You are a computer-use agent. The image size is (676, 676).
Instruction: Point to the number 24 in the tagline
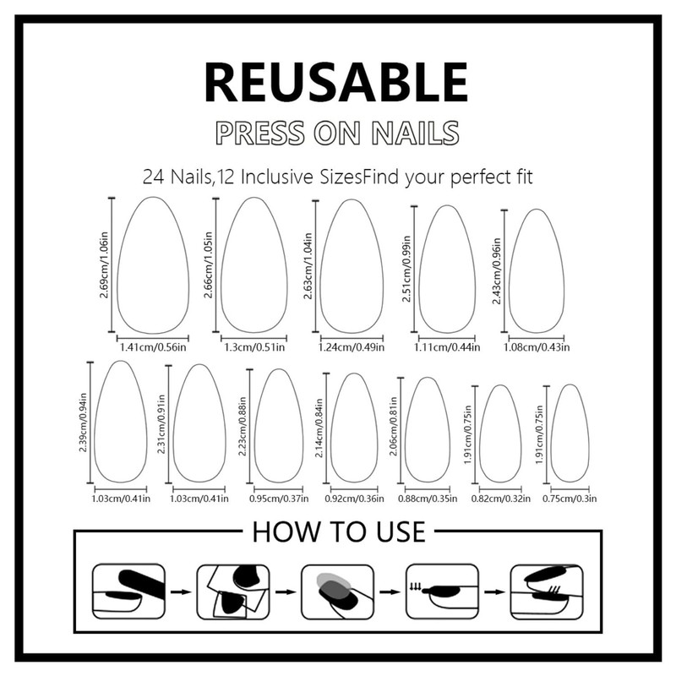154,178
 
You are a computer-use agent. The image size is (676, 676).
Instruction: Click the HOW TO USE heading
338,532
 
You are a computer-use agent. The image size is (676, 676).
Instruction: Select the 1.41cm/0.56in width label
151,346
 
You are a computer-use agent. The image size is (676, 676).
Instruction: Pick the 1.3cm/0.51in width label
254,346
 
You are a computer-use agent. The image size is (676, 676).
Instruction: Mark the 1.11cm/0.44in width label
447,346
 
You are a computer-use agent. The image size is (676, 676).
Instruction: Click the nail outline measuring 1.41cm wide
152,265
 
